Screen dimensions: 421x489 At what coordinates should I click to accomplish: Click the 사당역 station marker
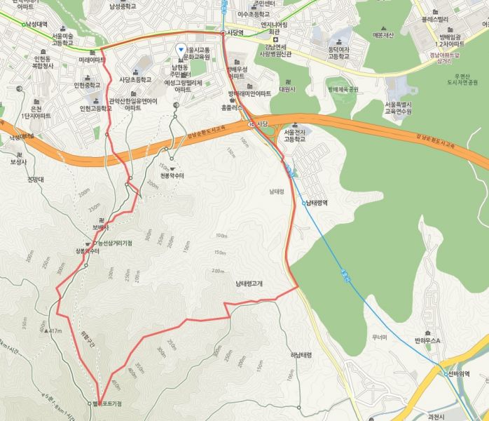click(223, 32)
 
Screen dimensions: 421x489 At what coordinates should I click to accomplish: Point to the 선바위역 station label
click(459, 374)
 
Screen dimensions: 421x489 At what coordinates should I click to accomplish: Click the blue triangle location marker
click(181, 49)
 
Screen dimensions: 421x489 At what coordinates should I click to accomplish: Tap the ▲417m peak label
click(53, 330)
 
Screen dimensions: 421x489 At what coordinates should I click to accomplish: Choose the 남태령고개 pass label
click(249, 283)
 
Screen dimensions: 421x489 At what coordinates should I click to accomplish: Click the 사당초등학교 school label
click(135, 79)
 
